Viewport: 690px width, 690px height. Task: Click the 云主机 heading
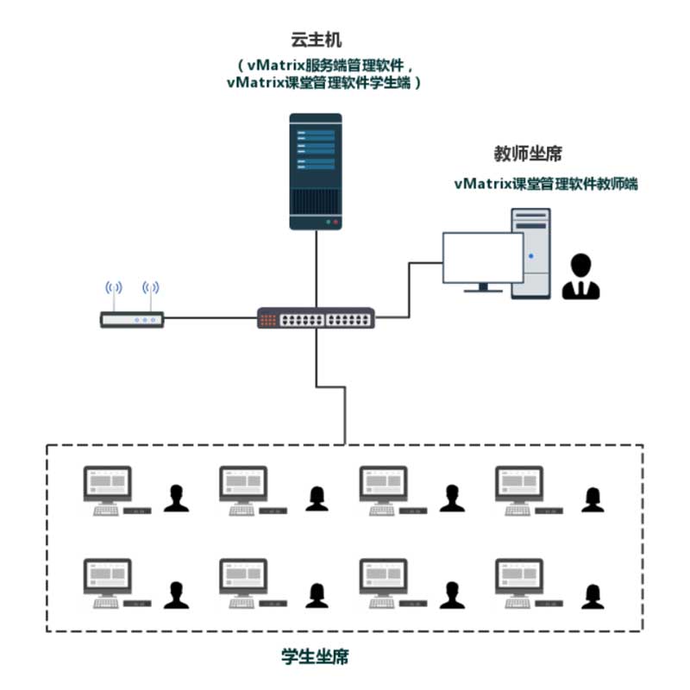click(x=316, y=40)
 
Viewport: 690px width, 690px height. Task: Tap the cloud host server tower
click(x=316, y=172)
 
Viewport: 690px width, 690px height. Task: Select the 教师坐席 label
click(x=528, y=154)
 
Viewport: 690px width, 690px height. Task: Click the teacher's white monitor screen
click(x=483, y=257)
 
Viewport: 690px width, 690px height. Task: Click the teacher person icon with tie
click(x=580, y=276)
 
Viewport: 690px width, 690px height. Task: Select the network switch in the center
click(x=316, y=317)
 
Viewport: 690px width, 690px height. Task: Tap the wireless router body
click(x=132, y=319)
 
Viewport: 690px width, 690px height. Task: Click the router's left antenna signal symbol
click(x=114, y=288)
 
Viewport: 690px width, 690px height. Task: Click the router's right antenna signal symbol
click(x=150, y=288)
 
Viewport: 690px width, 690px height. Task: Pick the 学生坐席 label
click(x=315, y=656)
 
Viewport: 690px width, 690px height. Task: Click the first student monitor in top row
click(x=107, y=484)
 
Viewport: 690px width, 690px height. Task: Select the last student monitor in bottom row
click(x=519, y=576)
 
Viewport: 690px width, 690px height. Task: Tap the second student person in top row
click(x=317, y=499)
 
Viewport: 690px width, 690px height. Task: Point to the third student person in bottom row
click(x=452, y=595)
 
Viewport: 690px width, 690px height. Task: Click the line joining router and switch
click(x=210, y=317)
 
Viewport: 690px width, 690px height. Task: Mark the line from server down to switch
click(x=316, y=268)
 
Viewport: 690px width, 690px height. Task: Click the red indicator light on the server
click(x=336, y=223)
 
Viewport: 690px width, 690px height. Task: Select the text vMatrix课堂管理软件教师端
click(x=546, y=184)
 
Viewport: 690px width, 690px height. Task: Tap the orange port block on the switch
click(x=268, y=320)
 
